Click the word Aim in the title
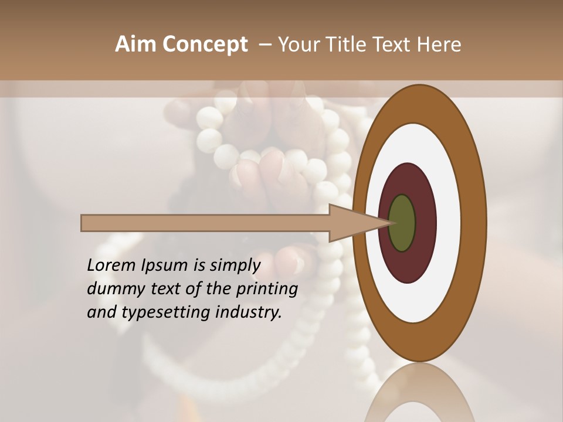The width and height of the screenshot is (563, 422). click(x=136, y=44)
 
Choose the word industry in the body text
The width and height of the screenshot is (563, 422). click(x=248, y=312)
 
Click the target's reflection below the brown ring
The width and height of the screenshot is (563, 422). click(x=419, y=393)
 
